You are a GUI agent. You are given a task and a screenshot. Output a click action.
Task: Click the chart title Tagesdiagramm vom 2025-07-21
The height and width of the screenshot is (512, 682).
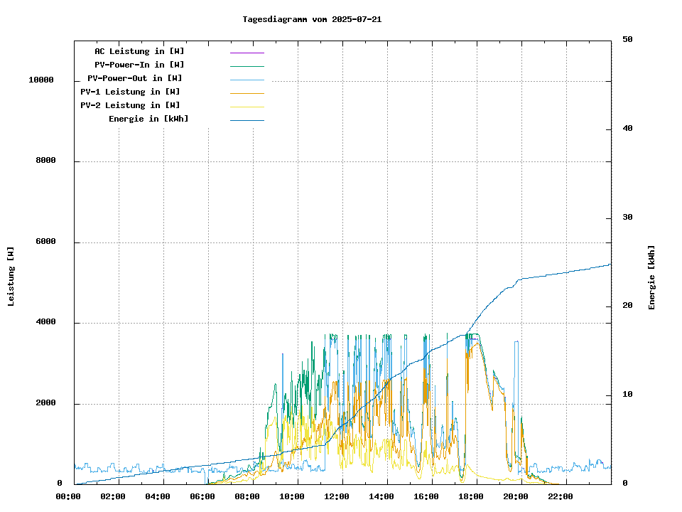[312, 19]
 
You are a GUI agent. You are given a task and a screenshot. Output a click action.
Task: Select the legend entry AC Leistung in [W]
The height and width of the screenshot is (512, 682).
[139, 51]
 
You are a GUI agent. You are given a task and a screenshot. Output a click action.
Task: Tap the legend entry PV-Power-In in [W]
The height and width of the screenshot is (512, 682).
[139, 65]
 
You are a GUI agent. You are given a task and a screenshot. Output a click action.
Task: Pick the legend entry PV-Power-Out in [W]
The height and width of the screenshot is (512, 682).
[135, 78]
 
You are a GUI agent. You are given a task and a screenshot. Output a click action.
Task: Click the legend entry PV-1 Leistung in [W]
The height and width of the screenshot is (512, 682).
[130, 92]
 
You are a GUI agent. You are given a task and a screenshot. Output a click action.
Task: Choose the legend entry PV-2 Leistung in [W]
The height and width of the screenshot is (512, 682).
[130, 105]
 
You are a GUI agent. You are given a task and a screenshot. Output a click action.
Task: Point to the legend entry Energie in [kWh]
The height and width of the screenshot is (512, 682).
[148, 119]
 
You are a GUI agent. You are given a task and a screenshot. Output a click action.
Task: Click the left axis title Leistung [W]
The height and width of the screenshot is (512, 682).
[11, 276]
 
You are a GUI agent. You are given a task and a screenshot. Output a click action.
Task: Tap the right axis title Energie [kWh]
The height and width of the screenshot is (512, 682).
[651, 277]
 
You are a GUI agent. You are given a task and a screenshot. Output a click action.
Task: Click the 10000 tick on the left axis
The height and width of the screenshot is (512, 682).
[41, 80]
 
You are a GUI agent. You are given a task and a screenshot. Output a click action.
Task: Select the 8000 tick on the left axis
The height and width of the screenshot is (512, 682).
[45, 161]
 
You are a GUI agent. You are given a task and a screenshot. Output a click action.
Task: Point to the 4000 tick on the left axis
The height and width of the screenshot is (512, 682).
[45, 323]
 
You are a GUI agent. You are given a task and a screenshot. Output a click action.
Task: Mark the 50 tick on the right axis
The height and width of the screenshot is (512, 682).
[627, 40]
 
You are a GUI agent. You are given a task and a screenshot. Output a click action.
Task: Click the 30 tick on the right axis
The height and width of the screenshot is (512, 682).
[627, 218]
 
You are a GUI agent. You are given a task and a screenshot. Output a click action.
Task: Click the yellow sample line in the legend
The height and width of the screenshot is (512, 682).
[247, 106]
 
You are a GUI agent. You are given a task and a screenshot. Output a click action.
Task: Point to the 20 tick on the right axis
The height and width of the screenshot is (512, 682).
[627, 306]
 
